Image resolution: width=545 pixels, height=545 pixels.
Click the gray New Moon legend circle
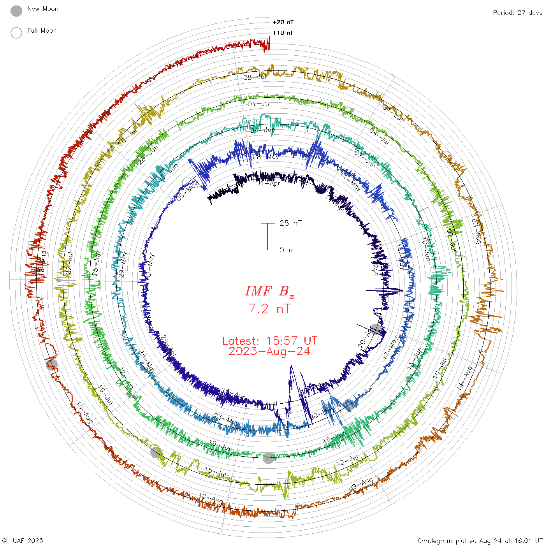[16, 11]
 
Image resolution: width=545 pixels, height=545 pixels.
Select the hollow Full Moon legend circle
[16, 33]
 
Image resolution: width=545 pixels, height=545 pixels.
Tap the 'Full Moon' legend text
[42, 30]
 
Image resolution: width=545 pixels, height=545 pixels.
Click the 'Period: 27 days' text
[517, 12]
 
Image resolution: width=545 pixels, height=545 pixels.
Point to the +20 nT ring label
[283, 22]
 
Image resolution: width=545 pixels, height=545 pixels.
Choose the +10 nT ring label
[283, 33]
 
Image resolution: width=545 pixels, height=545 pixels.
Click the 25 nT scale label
[291, 223]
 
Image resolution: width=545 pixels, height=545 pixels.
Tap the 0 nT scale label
[288, 250]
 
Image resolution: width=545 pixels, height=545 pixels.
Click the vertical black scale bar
[268, 237]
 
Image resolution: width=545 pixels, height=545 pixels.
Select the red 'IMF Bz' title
[269, 292]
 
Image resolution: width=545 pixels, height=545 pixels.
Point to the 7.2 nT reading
[269, 309]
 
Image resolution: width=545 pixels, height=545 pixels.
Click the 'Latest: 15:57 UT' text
[269, 341]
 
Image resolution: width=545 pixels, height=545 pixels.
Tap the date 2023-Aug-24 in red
[269, 351]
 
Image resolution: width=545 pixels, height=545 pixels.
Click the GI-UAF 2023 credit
[22, 540]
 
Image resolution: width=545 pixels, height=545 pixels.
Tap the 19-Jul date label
[105, 395]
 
